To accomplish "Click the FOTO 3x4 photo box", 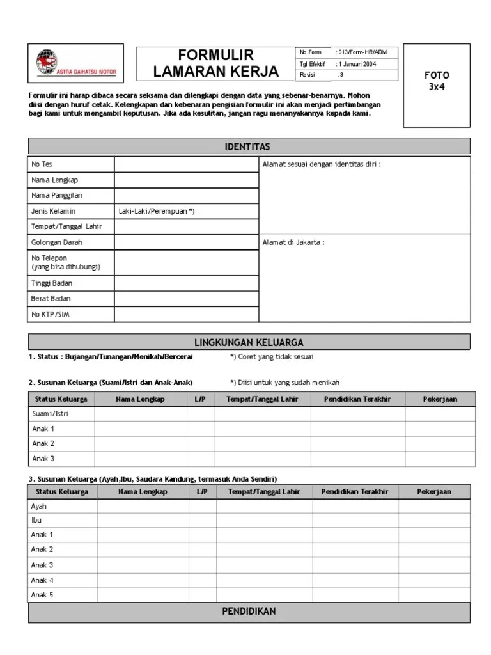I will [x=438, y=85].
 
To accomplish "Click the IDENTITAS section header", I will [x=248, y=146].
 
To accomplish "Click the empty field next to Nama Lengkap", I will [x=186, y=180].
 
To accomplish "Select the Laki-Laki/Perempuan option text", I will [x=156, y=211].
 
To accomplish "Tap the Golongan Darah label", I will [x=57, y=242].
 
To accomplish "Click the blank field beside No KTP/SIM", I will [x=186, y=314].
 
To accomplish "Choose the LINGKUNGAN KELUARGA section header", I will [x=248, y=342].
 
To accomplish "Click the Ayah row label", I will [x=40, y=506].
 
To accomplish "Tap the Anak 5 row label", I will [x=43, y=596].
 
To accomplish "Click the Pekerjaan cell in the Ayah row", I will [x=434, y=506].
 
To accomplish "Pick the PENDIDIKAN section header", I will [x=248, y=612].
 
